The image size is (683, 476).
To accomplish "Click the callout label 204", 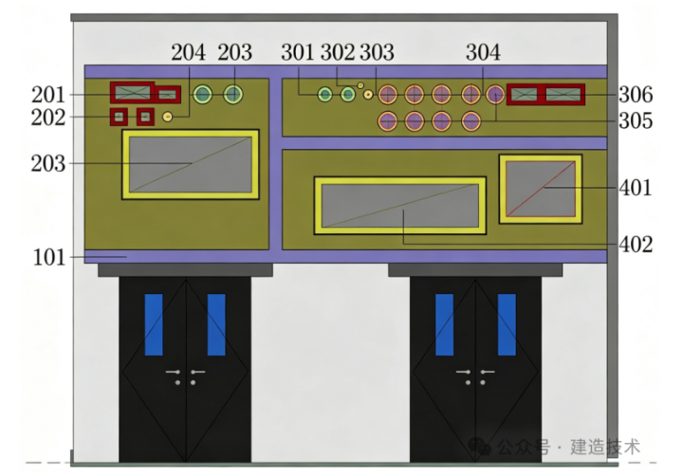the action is (x=188, y=52).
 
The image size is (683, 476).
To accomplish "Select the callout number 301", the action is (x=298, y=52).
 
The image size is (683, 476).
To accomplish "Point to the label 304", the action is (x=483, y=52).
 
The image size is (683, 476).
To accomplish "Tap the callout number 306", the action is (x=636, y=95).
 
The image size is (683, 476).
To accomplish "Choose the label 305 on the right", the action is (x=636, y=120).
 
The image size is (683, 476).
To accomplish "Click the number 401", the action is (x=636, y=188).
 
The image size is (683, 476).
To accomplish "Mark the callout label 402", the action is (x=636, y=245).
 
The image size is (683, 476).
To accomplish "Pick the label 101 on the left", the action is (x=48, y=257).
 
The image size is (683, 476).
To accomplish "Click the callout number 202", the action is (x=48, y=118).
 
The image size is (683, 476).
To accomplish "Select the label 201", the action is (x=48, y=95).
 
